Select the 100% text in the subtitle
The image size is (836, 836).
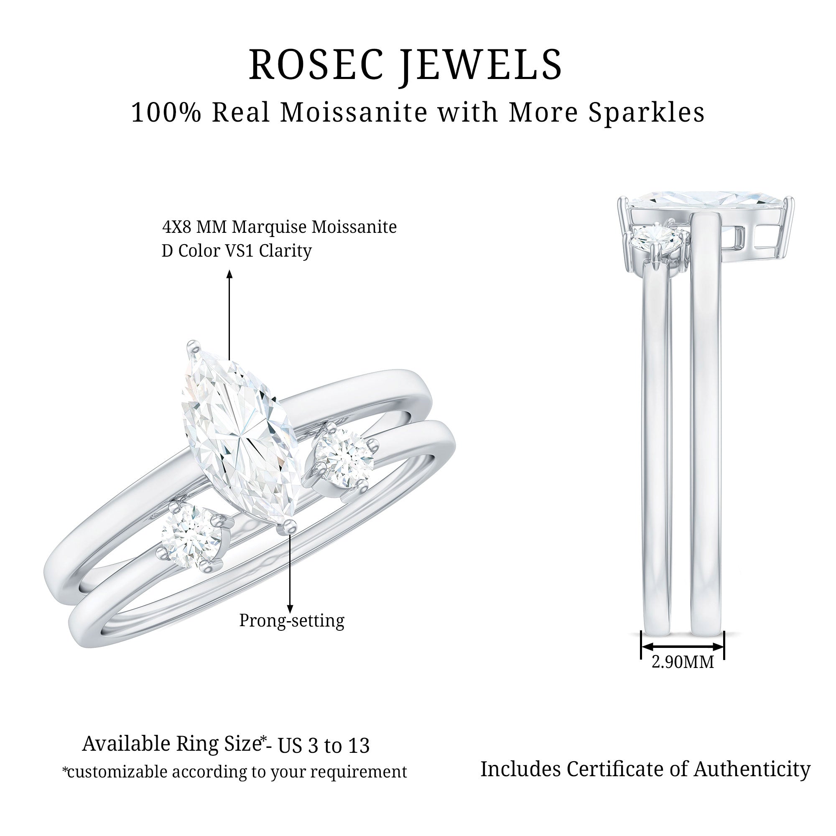tap(167, 113)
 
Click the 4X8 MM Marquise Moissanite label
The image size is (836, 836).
tap(280, 227)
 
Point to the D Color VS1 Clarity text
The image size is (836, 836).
tap(237, 251)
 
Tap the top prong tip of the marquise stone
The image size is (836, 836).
tap(193, 347)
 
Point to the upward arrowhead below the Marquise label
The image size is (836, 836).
tap(230, 274)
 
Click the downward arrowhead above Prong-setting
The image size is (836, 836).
tap(290, 608)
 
